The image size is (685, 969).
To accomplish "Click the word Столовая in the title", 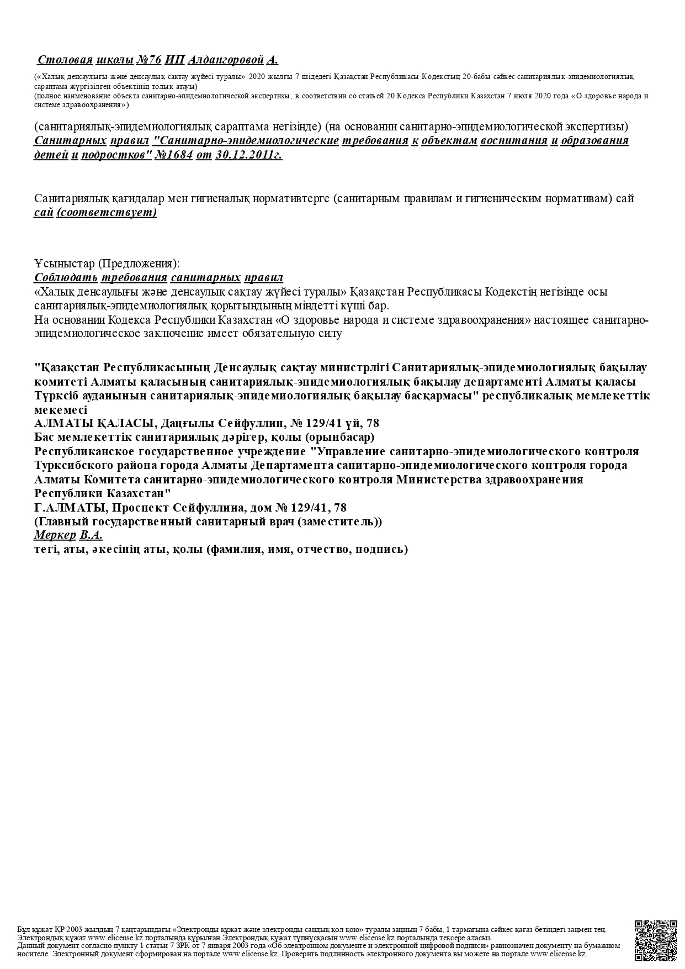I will pos(65,60).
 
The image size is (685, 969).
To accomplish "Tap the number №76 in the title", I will pos(148,60).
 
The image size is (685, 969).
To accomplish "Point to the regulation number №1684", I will pos(174,155).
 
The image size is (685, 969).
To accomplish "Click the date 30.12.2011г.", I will pos(249,155).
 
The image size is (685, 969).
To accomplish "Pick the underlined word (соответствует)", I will pos(107,212).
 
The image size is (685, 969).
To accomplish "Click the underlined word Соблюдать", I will pos(66,277).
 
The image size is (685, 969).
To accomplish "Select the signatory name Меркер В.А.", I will pos(68,535).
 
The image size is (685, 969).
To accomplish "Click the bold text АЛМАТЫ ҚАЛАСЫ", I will pos(93,424).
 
